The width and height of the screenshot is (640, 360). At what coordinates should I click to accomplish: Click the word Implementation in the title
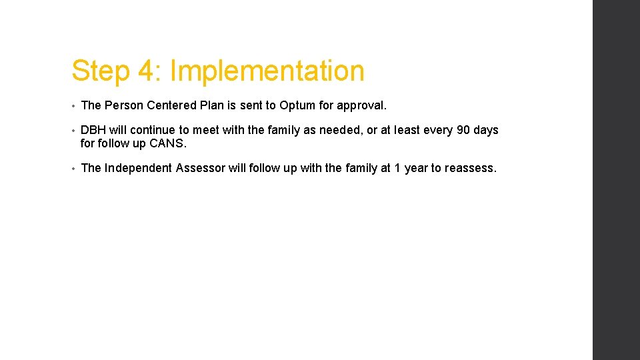(267, 71)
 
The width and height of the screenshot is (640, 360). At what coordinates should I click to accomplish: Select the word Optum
(299, 105)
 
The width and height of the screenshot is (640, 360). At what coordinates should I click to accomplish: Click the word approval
(363, 105)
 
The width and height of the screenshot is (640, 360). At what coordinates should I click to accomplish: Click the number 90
(463, 130)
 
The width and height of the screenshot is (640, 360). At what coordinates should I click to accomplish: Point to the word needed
(341, 130)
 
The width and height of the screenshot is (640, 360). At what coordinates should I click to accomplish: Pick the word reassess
(471, 168)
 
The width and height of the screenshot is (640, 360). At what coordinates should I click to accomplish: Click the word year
(416, 168)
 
